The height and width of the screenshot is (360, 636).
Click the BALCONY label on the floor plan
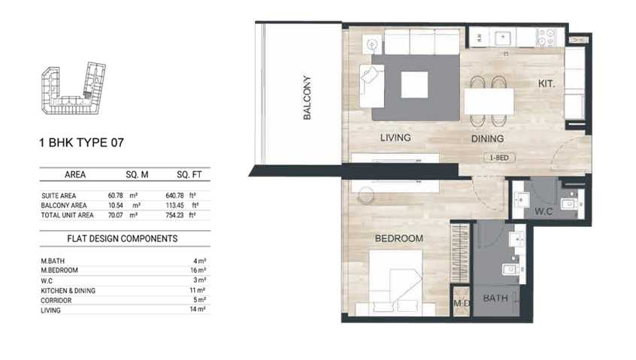coord(307,98)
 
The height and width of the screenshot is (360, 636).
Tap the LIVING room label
coord(395,138)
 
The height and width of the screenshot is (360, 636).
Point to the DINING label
coord(488,138)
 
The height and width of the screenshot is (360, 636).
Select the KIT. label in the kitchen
coord(546,84)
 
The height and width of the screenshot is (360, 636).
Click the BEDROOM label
coord(398,238)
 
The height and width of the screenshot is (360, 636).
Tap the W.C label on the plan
coord(544,211)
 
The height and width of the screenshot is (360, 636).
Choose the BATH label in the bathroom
coord(495,298)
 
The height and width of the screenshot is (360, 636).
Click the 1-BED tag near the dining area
coord(499,158)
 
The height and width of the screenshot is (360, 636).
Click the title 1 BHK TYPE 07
coord(81,143)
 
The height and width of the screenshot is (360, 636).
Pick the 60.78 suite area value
coord(115,195)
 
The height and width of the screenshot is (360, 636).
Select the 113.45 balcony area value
coord(174,205)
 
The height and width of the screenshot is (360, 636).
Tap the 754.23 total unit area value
coord(174,215)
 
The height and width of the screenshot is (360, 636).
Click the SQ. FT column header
coord(189,174)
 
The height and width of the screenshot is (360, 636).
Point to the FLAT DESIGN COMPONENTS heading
coord(122,239)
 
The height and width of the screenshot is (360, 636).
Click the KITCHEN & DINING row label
coord(68,291)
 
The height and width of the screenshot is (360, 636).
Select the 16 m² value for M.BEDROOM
coord(198,270)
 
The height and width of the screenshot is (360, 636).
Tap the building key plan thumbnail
coord(74,88)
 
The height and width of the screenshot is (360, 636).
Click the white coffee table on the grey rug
coord(414,85)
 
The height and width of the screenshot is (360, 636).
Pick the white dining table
coord(489,101)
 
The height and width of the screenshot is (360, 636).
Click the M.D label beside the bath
coord(462,304)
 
